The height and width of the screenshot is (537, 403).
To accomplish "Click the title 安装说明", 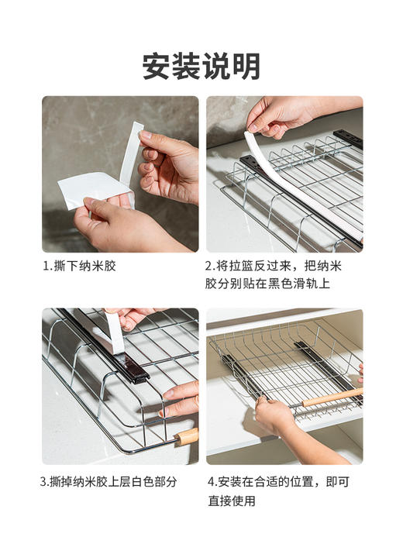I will pyautogui.click(x=201, y=66).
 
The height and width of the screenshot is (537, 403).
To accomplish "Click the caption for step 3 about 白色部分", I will pyautogui.click(x=108, y=481).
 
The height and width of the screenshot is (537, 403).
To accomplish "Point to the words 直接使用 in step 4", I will pyautogui.click(x=232, y=501).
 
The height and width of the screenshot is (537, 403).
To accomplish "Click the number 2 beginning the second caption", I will pyautogui.click(x=209, y=266).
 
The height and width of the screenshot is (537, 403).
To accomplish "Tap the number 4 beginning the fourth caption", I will pyautogui.click(x=211, y=481).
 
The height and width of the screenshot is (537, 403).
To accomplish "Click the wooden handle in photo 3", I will pyautogui.click(x=187, y=436).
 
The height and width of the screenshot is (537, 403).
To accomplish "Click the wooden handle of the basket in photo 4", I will pyautogui.click(x=333, y=398).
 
